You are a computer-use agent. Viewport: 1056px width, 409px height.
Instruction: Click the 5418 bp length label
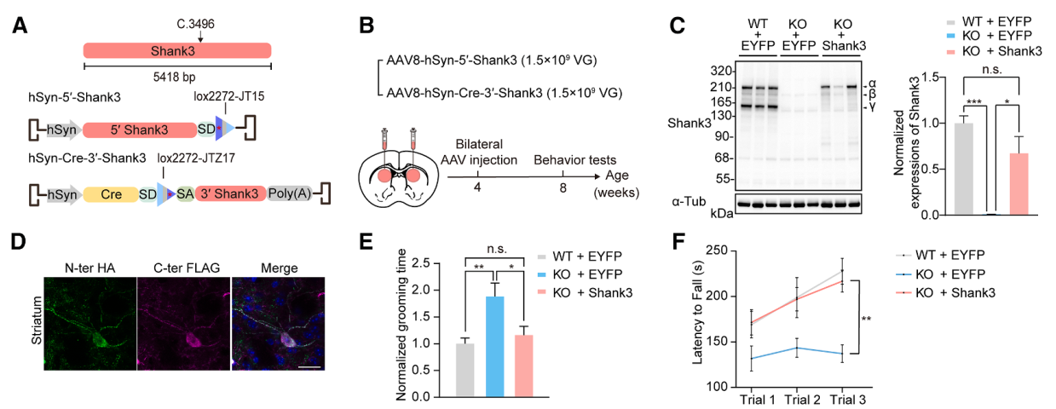178,77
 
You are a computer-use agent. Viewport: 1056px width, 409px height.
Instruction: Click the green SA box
185,193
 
